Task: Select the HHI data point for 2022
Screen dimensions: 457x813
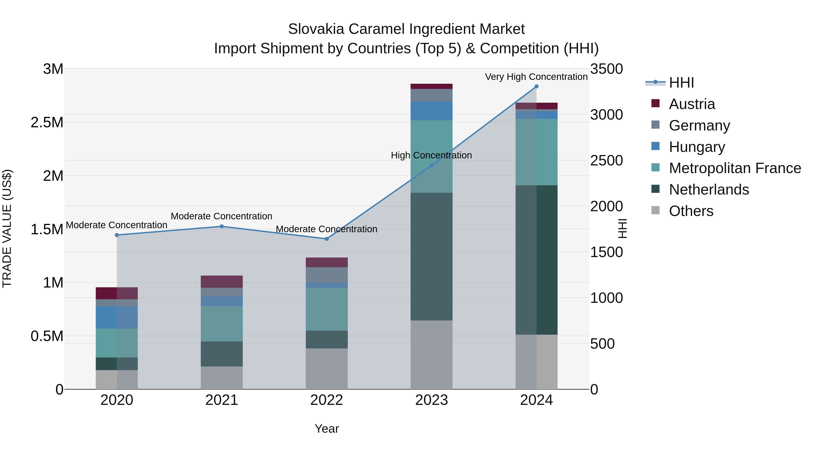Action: coord(327,239)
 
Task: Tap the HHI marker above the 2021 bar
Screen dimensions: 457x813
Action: coord(222,226)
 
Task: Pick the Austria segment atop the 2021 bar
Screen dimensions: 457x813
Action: coord(222,281)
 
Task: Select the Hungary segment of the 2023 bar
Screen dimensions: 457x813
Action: coord(431,111)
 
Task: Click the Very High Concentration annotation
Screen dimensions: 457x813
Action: coord(536,77)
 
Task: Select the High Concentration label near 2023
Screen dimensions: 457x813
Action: coord(431,155)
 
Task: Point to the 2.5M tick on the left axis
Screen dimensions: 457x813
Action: coord(47,122)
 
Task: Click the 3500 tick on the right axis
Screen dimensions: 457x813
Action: coord(606,69)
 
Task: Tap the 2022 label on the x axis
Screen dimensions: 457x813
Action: coord(327,400)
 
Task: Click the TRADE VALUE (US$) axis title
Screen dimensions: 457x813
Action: coord(7,228)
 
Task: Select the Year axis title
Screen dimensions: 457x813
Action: coord(327,429)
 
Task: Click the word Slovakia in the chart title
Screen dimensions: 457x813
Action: coord(316,29)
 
